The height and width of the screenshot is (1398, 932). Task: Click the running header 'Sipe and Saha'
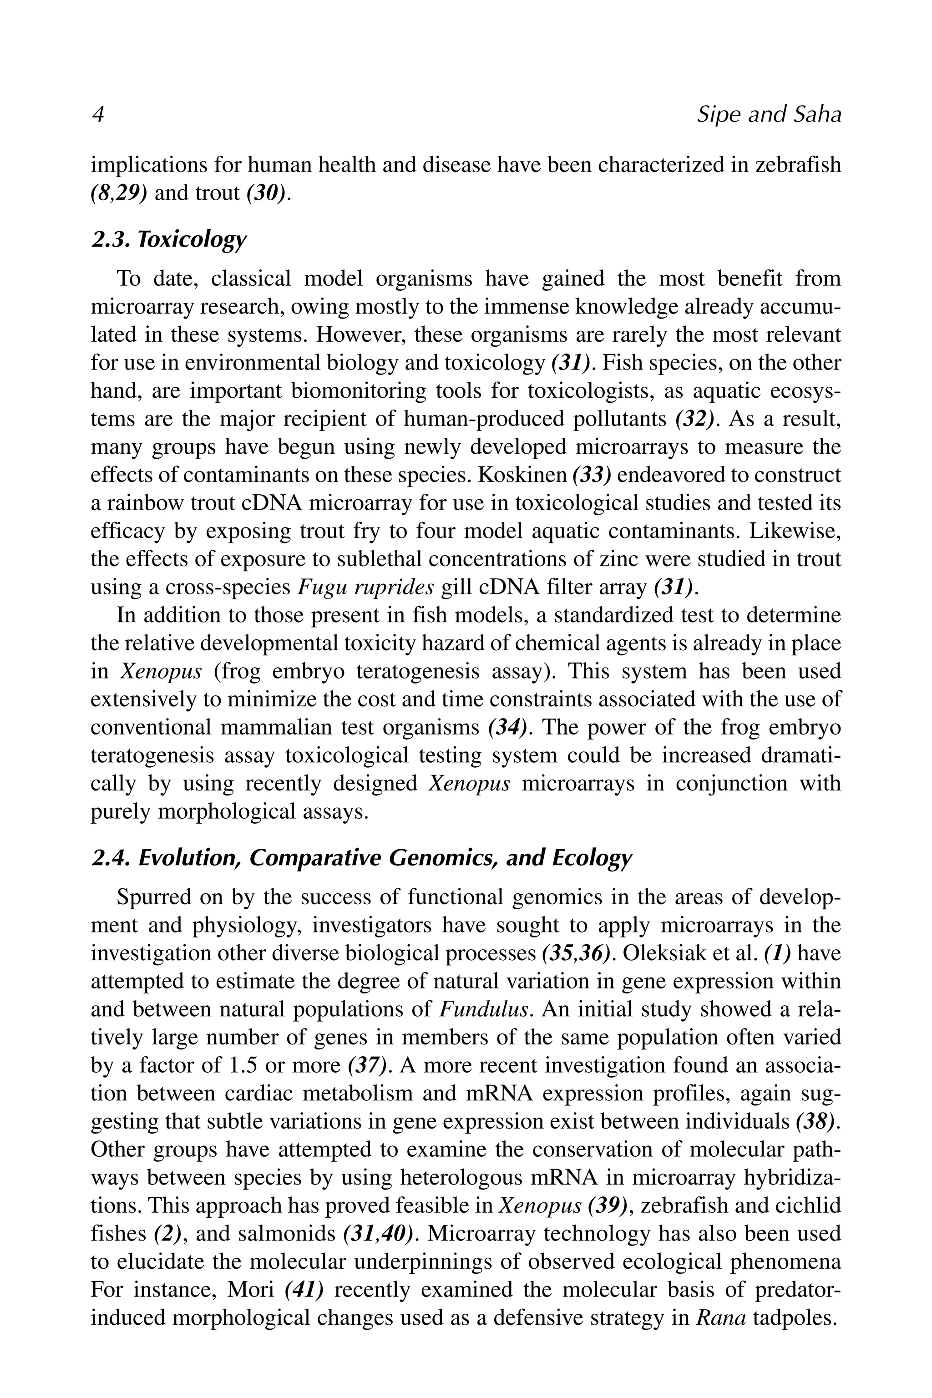[769, 115]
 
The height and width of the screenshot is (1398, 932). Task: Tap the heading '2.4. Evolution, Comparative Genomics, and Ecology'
[361, 859]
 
